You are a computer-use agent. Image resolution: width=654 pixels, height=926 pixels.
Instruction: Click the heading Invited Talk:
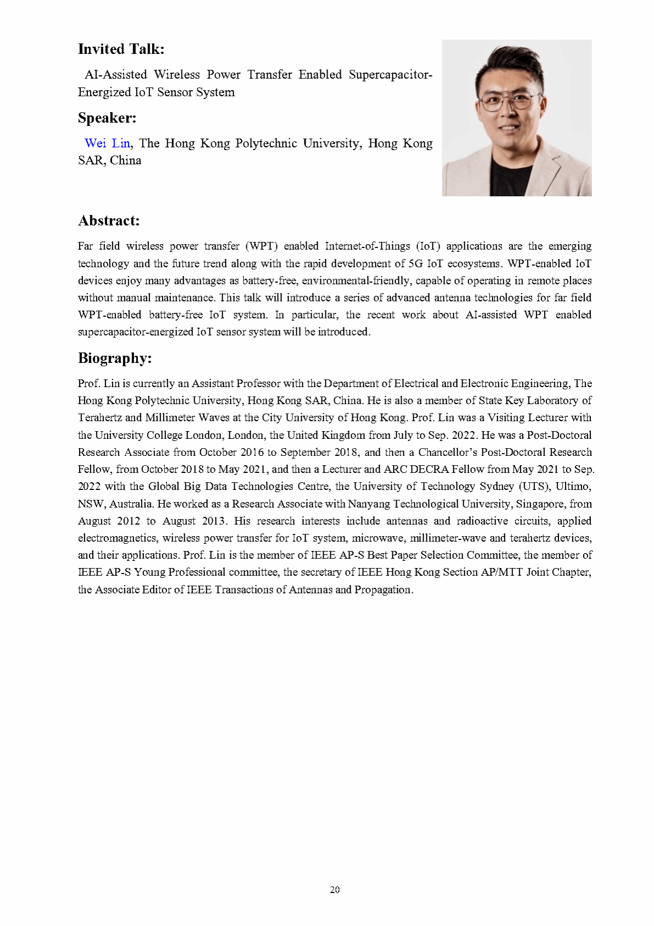pyautogui.click(x=121, y=49)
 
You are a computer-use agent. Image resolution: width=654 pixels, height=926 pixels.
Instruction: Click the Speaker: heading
pyautogui.click(x=107, y=118)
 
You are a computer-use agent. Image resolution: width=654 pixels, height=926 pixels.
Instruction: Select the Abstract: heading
pyautogui.click(x=109, y=221)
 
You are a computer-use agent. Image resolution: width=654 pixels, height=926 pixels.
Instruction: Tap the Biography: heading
pyautogui.click(x=114, y=358)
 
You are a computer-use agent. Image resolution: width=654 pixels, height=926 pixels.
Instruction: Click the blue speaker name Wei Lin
pyautogui.click(x=107, y=144)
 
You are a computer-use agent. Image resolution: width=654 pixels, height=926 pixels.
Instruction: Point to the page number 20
pyautogui.click(x=335, y=890)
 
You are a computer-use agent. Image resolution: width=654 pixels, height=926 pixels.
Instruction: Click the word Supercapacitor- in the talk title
pyautogui.click(x=390, y=75)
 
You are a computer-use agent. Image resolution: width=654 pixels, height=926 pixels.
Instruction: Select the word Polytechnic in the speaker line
pyautogui.click(x=266, y=144)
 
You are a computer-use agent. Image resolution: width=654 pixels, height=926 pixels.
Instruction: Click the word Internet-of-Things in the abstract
pyautogui.click(x=367, y=246)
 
